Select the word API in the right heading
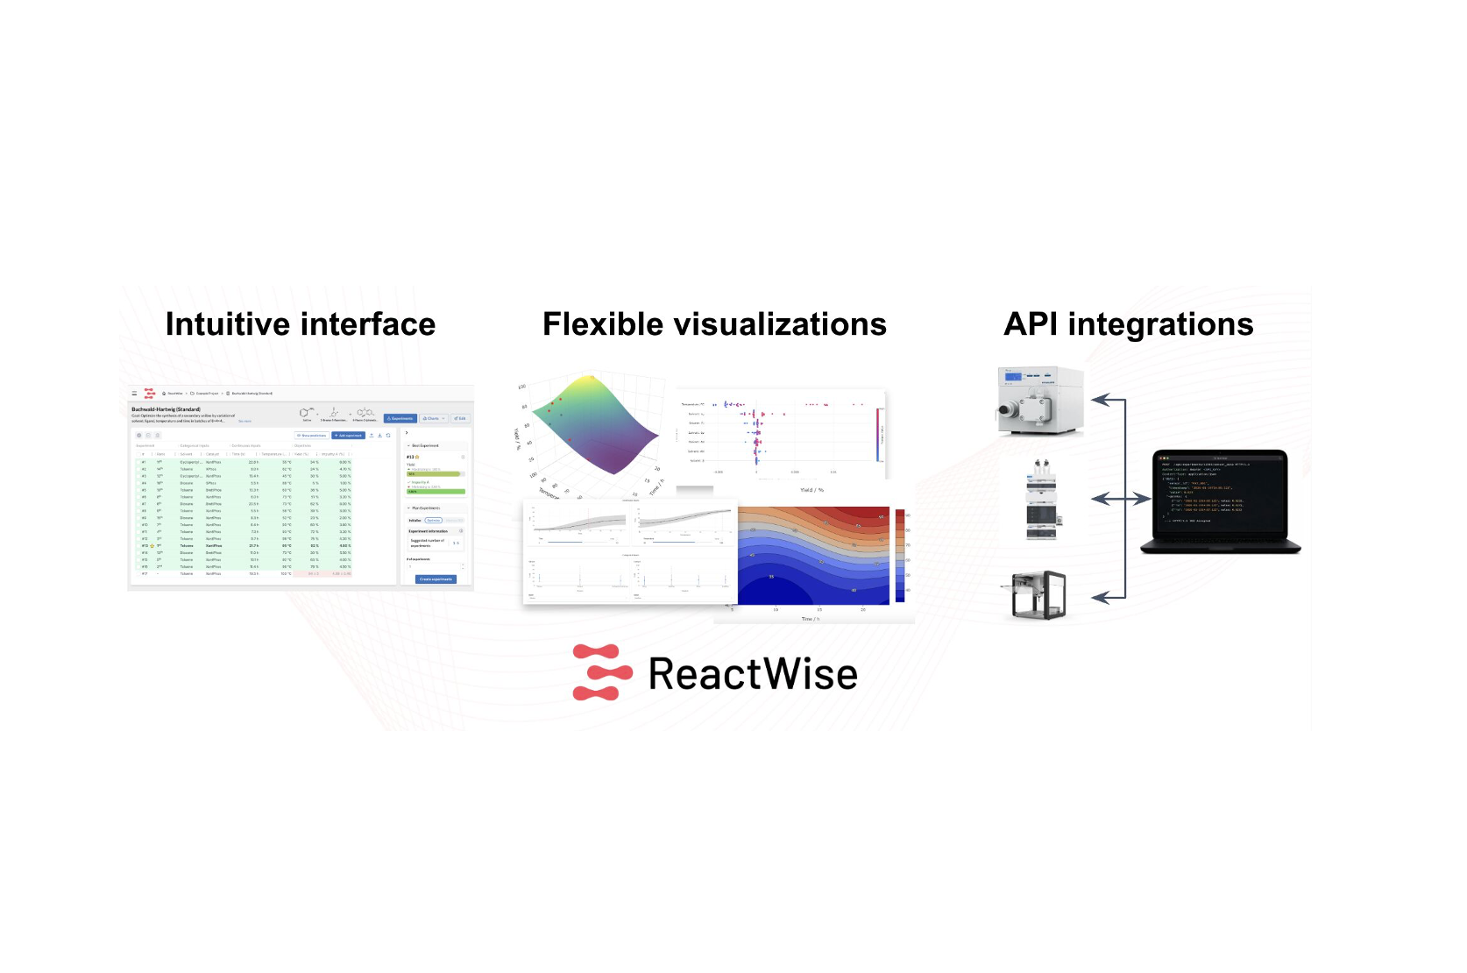tap(1031, 324)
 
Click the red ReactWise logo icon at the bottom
tap(601, 672)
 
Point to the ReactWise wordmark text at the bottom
tap(753, 674)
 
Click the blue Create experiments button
tap(436, 579)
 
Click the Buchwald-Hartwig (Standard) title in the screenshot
tap(166, 409)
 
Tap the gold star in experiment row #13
tap(152, 546)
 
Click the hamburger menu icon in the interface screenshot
tap(134, 394)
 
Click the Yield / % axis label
tap(811, 490)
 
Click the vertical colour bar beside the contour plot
tap(899, 555)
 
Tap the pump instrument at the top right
tap(1040, 401)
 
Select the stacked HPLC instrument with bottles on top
tap(1041, 499)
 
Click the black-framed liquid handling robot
tap(1038, 596)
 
